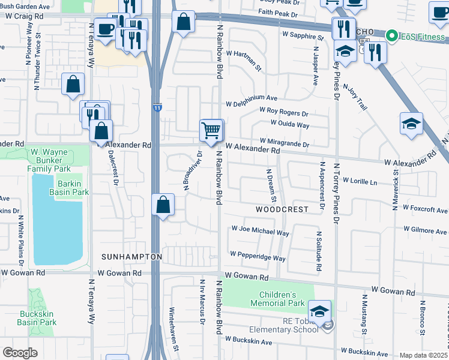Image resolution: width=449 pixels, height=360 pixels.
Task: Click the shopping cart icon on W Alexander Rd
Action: pos(211,130)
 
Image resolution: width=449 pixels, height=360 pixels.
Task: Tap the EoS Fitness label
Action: pos(418,36)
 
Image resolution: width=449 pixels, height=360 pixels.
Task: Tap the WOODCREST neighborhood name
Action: pos(282,209)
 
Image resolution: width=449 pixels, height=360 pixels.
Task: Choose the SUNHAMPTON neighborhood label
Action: pos(131,257)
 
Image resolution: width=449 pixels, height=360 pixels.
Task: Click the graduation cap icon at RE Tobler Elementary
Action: pos(319,311)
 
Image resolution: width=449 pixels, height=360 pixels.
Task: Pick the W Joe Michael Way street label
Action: pos(261,233)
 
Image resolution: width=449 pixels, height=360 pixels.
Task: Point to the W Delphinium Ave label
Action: pos(252,98)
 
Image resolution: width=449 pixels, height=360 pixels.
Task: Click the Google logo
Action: pos(20,352)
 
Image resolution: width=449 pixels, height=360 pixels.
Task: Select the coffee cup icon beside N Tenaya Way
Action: pos(104,29)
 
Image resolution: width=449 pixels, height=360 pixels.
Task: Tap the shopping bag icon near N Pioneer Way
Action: pos(73,85)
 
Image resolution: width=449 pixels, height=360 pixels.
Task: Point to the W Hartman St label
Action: pos(244,61)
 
